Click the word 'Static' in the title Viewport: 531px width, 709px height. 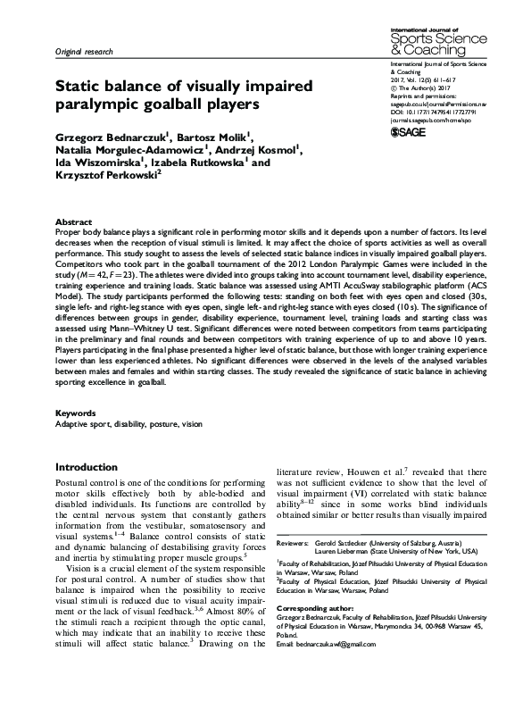coord(83,88)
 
